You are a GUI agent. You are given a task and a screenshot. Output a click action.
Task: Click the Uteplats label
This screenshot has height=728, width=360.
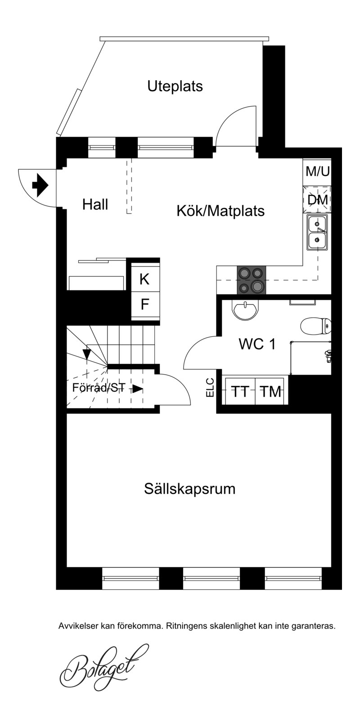coord(175,86)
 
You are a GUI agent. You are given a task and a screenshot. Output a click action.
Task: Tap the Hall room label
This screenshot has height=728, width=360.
coord(95,204)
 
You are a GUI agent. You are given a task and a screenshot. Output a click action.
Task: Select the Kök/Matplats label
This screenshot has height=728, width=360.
coord(220,211)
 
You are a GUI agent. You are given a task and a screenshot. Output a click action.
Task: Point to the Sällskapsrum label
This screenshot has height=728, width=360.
coord(190,489)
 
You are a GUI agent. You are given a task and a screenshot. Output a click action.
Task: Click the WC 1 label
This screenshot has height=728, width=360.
coord(257,344)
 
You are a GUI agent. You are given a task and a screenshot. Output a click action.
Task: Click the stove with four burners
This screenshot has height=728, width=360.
coord(252,280)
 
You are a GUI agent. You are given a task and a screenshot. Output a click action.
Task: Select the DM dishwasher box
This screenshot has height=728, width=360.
coord(317,199)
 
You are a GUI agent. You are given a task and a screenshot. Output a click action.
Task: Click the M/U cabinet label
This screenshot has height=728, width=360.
coord(317,171)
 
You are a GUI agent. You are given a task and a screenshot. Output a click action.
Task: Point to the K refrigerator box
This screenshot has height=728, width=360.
coord(145,279)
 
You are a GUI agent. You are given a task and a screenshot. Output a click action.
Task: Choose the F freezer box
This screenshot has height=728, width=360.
coord(145,304)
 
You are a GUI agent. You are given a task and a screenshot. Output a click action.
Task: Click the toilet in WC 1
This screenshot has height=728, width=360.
coord(316,326)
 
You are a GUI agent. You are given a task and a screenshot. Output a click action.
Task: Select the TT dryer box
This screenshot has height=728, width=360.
coord(240,391)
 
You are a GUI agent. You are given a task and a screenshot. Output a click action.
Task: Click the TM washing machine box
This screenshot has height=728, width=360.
coord(271,391)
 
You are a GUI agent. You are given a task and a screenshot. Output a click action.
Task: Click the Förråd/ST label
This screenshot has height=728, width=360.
coord(99,388)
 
